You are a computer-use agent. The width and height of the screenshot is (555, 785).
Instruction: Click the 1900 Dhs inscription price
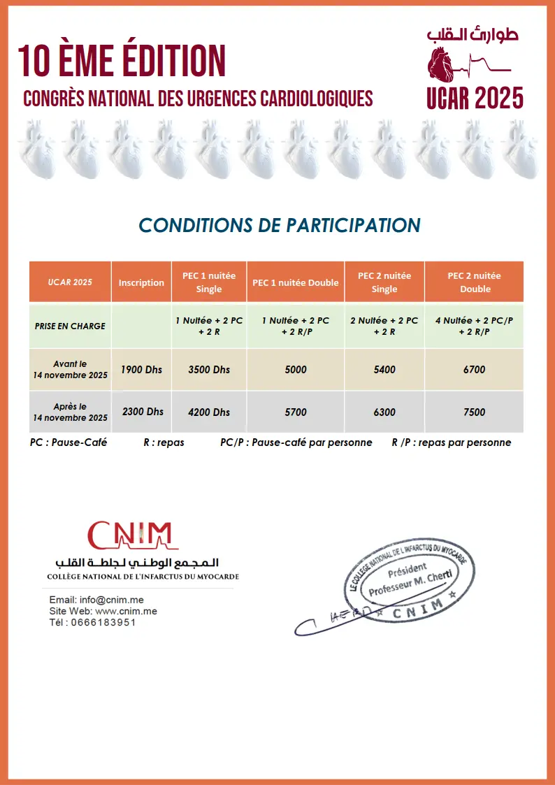pyautogui.click(x=141, y=369)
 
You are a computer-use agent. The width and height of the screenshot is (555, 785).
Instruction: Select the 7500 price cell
pyautogui.click(x=474, y=412)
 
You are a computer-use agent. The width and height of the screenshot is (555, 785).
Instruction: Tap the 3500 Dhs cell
pyautogui.click(x=209, y=369)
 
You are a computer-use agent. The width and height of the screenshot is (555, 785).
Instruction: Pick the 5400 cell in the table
pyautogui.click(x=384, y=369)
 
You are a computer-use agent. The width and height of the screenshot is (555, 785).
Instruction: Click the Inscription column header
pyautogui.click(x=141, y=282)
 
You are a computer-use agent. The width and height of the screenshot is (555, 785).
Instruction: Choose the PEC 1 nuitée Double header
pyautogui.click(x=295, y=282)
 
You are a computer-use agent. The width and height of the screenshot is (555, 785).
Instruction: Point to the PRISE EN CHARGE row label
pyautogui.click(x=70, y=326)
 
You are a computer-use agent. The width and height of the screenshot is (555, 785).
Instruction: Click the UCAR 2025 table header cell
pyautogui.click(x=70, y=282)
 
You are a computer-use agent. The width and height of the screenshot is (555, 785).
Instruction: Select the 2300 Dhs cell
pyautogui.click(x=143, y=412)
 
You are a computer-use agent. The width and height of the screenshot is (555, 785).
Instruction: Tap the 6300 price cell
pyautogui.click(x=384, y=412)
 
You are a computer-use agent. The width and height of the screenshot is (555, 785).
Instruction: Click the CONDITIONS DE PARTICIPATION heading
pyautogui.click(x=280, y=225)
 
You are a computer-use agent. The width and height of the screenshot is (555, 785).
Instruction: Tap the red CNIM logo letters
pyautogui.click(x=129, y=535)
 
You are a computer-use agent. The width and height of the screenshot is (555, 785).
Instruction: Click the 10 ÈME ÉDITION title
pyautogui.click(x=122, y=60)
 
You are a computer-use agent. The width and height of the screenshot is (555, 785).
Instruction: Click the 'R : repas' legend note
pyautogui.click(x=164, y=442)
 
